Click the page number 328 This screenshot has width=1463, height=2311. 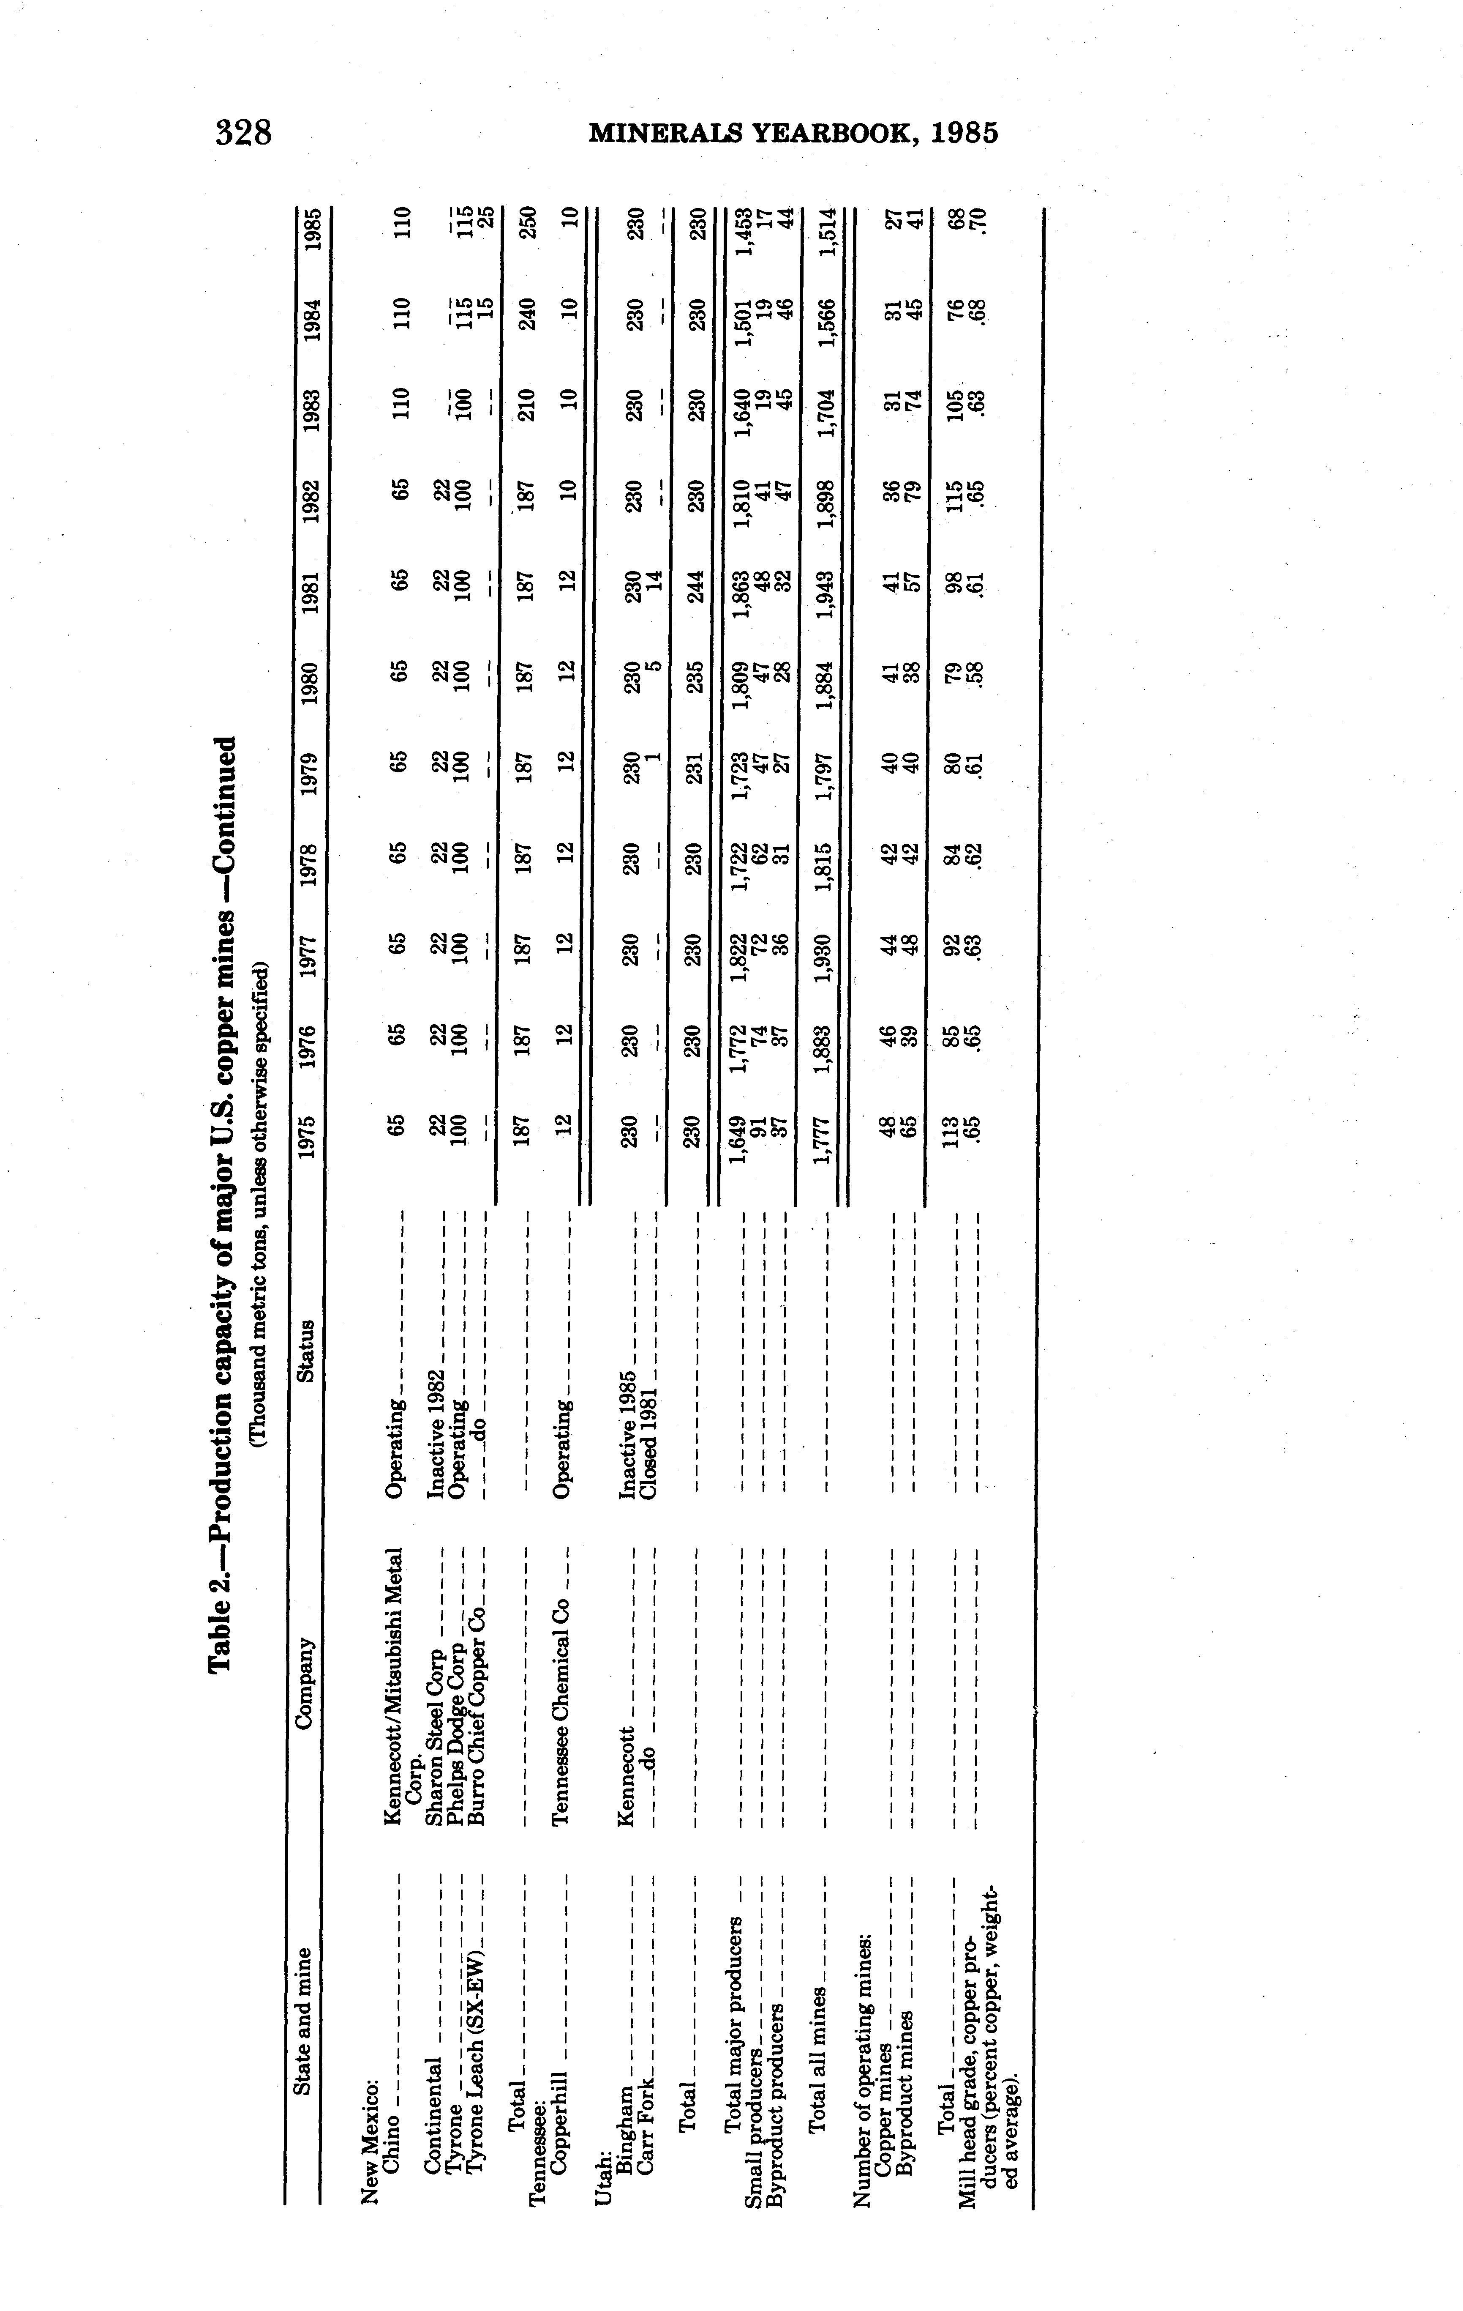(244, 131)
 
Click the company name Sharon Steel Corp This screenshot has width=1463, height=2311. (437, 1734)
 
